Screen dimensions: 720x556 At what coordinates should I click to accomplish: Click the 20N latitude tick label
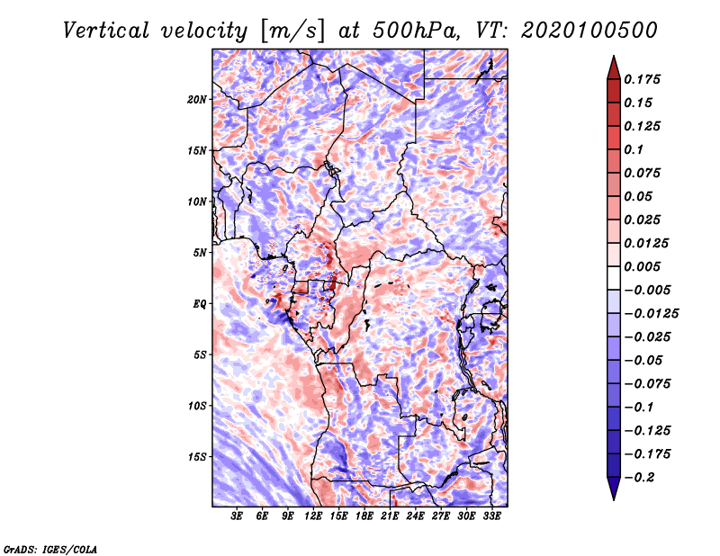(197, 100)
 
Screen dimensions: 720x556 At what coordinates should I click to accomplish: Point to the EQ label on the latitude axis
(200, 304)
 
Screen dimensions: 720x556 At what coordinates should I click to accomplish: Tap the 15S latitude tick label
(197, 457)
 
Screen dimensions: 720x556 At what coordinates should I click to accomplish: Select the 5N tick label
(200, 253)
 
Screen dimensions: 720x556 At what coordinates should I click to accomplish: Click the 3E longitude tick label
(237, 516)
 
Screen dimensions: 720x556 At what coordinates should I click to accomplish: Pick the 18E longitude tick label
(364, 516)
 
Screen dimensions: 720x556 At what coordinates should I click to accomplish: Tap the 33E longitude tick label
(491, 516)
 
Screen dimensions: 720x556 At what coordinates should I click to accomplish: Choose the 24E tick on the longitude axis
(415, 516)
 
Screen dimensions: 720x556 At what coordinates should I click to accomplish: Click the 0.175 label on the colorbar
(642, 79)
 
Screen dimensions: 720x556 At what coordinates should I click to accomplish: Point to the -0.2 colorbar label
(639, 478)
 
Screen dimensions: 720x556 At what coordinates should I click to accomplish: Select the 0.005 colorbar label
(642, 266)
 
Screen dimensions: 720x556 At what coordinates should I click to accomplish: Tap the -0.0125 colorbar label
(651, 314)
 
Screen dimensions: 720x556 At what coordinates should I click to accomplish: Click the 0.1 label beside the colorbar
(634, 149)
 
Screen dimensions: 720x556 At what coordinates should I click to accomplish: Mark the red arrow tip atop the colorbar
(614, 56)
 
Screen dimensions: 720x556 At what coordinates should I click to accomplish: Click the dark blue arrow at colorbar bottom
(614, 489)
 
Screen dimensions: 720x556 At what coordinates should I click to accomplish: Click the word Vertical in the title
(106, 31)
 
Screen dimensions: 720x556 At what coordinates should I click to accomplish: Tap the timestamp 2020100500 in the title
(589, 31)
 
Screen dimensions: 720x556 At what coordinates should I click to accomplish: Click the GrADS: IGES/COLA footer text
(50, 550)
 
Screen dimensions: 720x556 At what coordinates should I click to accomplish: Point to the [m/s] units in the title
(292, 31)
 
